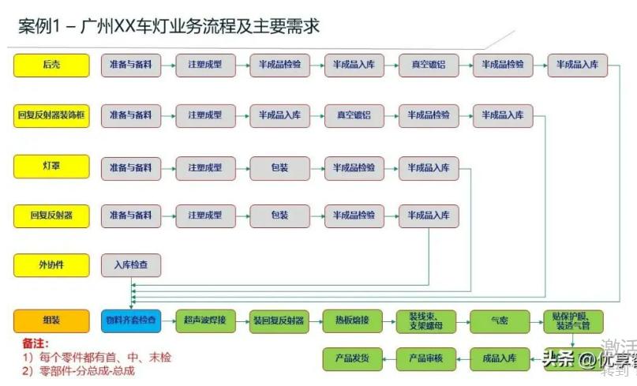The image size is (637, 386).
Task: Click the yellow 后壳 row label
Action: pos(51,65)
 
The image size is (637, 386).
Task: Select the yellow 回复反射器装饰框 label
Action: pos(51,116)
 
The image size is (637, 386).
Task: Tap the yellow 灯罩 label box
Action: pos(51,167)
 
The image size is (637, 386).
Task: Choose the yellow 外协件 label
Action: pos(51,265)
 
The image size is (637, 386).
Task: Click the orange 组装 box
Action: pos(51,320)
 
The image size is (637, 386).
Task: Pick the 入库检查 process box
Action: pos(131,265)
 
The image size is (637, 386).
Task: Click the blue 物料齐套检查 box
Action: pos(131,320)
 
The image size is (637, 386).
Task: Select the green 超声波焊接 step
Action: pos(205,320)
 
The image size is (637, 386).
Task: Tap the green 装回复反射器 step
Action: pos(279,320)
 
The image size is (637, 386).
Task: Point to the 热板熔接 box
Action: pos(353,320)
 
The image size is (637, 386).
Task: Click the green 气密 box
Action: pos(500,320)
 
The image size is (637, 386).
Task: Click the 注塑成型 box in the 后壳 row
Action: pos(205,65)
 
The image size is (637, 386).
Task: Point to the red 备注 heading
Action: pos(36,344)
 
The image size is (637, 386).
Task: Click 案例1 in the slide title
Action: pos(39,26)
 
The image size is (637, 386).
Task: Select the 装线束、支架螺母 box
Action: pos(426,320)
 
